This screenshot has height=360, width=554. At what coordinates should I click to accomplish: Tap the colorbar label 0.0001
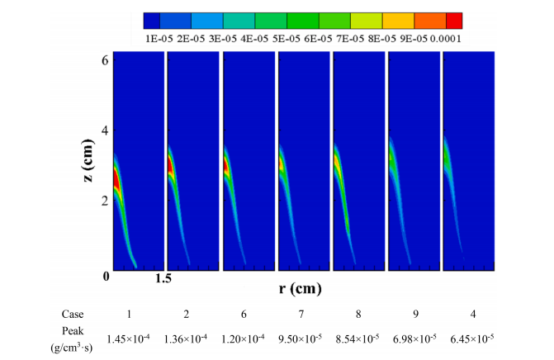click(x=444, y=37)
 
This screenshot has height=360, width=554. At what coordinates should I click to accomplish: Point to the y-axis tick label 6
click(x=104, y=59)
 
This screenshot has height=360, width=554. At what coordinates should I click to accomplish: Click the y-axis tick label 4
click(x=104, y=130)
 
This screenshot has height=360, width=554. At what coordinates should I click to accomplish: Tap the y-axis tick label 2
click(x=104, y=201)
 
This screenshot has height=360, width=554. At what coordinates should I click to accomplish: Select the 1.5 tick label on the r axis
click(x=163, y=280)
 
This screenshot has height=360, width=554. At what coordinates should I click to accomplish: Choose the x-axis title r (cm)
click(x=298, y=289)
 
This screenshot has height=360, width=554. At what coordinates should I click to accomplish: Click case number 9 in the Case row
click(x=413, y=315)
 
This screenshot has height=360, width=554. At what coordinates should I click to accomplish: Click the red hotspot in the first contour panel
click(x=117, y=178)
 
